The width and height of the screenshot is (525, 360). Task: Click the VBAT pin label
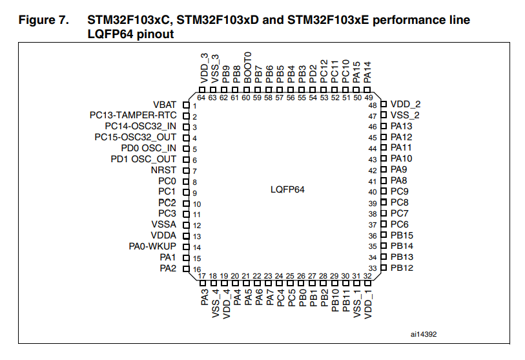165,105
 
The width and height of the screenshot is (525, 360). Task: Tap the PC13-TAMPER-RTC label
134,116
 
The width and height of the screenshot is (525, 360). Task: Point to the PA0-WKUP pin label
153,246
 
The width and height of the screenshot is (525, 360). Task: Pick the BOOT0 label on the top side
247,65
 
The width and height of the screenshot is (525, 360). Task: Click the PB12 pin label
402,268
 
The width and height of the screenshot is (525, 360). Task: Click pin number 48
373,105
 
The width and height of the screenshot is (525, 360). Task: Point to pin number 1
194,105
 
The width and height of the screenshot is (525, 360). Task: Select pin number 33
373,268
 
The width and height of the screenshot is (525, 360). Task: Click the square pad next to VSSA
186,225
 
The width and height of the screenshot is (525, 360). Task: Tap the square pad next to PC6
383,224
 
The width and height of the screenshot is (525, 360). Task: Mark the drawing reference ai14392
424,335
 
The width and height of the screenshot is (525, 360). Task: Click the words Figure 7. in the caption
43,21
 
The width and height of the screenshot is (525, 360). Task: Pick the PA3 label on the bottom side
204,297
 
